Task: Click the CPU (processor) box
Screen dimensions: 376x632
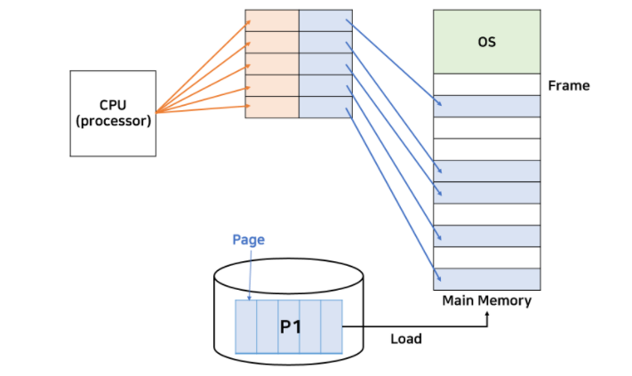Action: tap(113, 114)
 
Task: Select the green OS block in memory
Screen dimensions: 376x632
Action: tap(486, 42)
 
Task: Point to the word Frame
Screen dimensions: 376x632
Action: tap(569, 86)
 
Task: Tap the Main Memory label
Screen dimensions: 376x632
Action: tap(487, 300)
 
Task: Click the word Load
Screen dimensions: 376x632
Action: tap(406, 339)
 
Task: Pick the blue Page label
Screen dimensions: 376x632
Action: tap(248, 240)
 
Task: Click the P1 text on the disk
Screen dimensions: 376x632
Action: tap(291, 326)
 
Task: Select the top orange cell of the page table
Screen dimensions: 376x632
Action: tap(272, 21)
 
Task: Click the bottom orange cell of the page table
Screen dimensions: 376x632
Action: tap(272, 107)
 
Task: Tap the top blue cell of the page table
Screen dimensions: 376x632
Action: tap(325, 21)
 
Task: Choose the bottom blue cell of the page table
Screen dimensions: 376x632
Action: tap(325, 107)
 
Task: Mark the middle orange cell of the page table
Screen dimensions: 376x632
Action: tap(272, 64)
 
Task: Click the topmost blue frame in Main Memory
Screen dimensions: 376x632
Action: tap(486, 106)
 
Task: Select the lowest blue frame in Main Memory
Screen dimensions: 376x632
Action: tap(486, 278)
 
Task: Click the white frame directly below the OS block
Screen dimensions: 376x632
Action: tap(486, 84)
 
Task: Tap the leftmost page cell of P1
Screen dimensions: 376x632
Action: tap(246, 326)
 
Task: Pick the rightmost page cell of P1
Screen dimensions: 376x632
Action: tap(332, 326)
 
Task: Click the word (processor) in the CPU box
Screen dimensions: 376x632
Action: tap(113, 121)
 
